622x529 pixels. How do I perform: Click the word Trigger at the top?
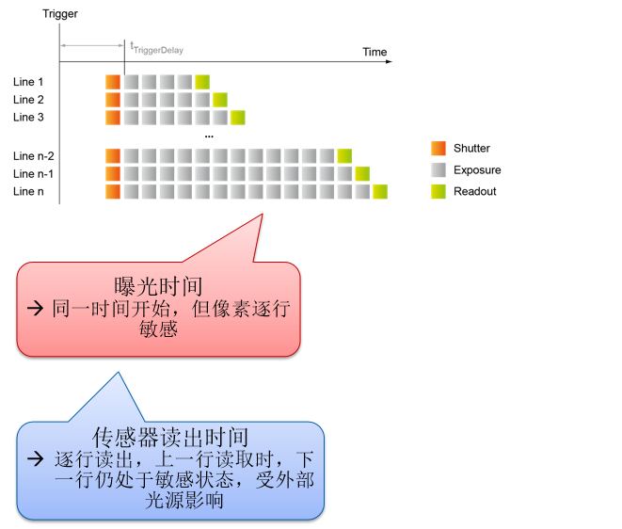[x=60, y=13]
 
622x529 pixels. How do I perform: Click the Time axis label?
[x=375, y=52]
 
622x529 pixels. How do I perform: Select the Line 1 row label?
[x=28, y=82]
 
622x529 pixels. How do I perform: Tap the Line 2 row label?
[x=28, y=100]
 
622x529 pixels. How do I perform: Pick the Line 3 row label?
[x=28, y=117]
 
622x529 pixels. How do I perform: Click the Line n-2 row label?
[x=33, y=156]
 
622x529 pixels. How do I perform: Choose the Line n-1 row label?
[x=33, y=174]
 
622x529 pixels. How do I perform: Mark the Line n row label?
[x=28, y=191]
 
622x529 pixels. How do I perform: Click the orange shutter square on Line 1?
[x=113, y=82]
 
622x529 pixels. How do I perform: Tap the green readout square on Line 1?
[x=202, y=82]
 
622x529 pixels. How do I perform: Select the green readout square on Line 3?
[x=238, y=118]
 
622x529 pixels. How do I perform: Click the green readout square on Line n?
[x=380, y=192]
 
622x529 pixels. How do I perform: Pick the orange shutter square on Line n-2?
[x=113, y=156]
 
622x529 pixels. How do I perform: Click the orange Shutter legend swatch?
[x=438, y=148]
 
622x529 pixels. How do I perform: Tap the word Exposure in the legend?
[x=477, y=170]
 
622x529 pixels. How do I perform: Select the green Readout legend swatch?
[x=438, y=191]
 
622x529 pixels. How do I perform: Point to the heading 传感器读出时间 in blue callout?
[x=170, y=438]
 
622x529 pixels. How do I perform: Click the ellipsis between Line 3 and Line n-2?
[x=209, y=136]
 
